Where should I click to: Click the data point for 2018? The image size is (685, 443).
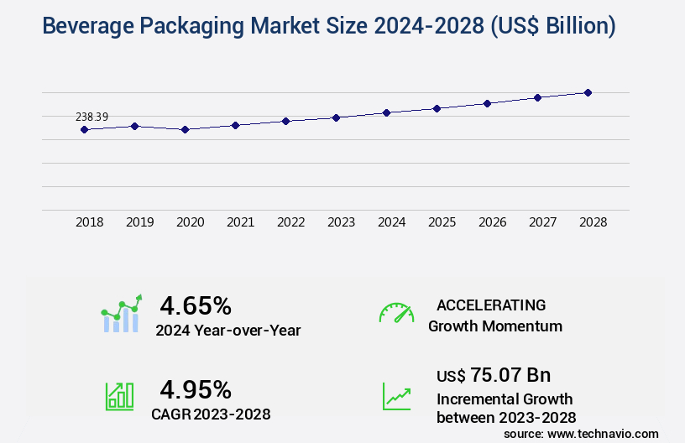pyautogui.click(x=84, y=129)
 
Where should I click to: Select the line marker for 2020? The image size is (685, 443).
pyautogui.click(x=185, y=129)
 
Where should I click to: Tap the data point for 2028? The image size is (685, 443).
pyautogui.click(x=588, y=92)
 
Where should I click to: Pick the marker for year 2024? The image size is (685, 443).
pyautogui.click(x=386, y=112)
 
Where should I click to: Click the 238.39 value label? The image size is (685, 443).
pyautogui.click(x=92, y=117)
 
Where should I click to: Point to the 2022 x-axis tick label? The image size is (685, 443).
pyautogui.click(x=291, y=222)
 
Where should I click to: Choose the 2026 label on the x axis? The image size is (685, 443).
pyautogui.click(x=493, y=222)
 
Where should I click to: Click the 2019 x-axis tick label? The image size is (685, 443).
pyautogui.click(x=140, y=222)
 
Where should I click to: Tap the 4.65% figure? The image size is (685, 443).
pyautogui.click(x=196, y=305)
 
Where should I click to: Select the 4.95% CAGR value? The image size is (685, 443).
pyautogui.click(x=196, y=389)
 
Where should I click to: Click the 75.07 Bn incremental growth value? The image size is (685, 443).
pyautogui.click(x=494, y=375)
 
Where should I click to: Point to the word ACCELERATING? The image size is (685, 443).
pyautogui.click(x=491, y=305)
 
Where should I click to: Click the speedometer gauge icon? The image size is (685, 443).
pyautogui.click(x=396, y=313)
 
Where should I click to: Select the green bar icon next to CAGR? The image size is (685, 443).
pyautogui.click(x=119, y=396)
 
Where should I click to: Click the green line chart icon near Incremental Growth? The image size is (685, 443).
pyautogui.click(x=396, y=396)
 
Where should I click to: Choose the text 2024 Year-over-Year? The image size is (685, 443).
pyautogui.click(x=227, y=331)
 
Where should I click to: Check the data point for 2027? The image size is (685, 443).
pyautogui.click(x=537, y=97)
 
